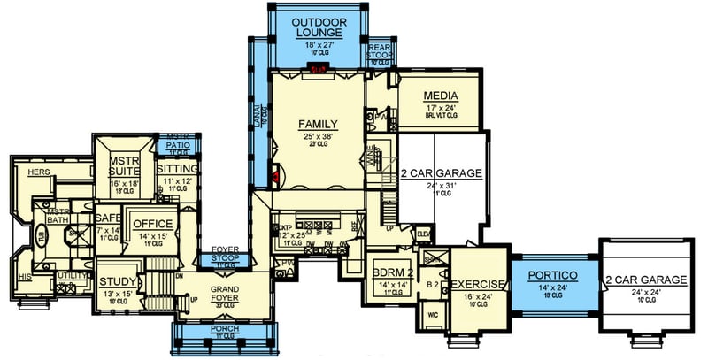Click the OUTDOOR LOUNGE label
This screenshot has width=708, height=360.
[x=319, y=25]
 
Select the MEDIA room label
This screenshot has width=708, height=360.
[x=440, y=96]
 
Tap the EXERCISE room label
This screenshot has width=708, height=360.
[x=479, y=284]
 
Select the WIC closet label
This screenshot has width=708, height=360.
[x=434, y=313]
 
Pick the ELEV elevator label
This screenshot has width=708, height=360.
[x=422, y=233]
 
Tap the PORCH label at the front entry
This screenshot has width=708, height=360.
[x=225, y=334]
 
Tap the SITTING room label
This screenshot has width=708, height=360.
[x=176, y=168]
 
